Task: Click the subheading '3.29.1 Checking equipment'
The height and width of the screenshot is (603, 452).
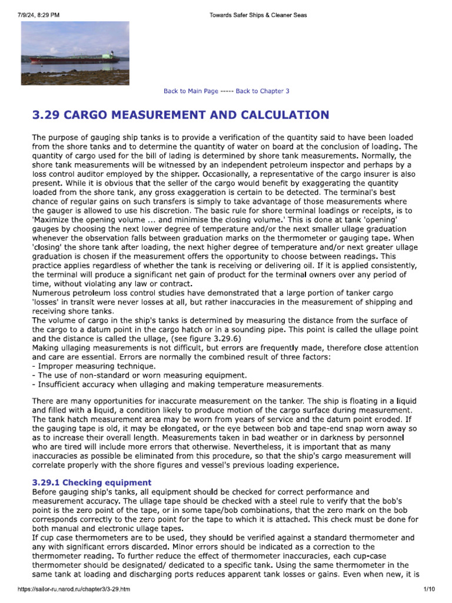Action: click(x=92, y=482)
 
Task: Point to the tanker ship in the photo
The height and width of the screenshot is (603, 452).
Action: click(x=74, y=58)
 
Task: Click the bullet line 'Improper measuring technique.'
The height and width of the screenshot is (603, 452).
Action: click(x=89, y=366)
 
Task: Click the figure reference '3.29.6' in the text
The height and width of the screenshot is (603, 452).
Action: click(x=226, y=339)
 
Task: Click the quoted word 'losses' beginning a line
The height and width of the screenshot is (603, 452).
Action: click(x=47, y=302)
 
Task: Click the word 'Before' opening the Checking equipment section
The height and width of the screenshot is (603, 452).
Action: click(x=45, y=491)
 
